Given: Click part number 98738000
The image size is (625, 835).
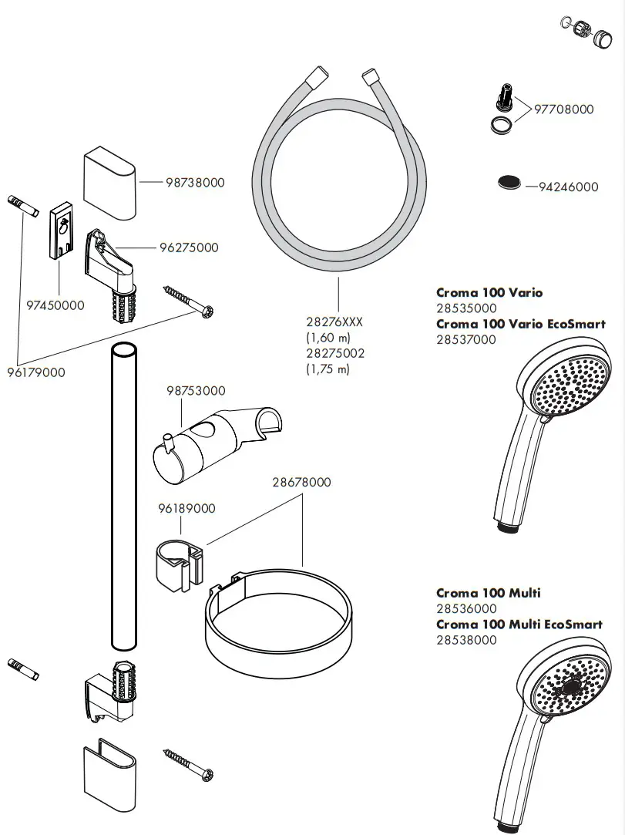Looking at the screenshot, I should (x=195, y=183).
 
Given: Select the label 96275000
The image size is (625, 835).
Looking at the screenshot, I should (x=189, y=247).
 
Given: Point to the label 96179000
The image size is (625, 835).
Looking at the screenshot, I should (x=36, y=372).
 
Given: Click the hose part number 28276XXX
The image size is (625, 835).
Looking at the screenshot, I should (x=334, y=323).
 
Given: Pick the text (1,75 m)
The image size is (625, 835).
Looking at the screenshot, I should (x=328, y=369).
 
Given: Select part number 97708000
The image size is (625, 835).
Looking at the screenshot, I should (x=565, y=109).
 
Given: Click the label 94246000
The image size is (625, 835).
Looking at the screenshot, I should (x=569, y=187).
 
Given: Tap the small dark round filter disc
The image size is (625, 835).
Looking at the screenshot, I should (x=509, y=183).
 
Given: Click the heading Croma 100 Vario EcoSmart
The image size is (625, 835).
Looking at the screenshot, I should (x=520, y=324).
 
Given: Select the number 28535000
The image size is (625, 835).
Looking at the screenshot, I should (x=466, y=308).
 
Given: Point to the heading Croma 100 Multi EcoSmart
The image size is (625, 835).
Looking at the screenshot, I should (x=519, y=624).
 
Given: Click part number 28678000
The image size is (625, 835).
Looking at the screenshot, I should (x=301, y=483).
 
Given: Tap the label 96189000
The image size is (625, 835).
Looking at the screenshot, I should (x=186, y=509).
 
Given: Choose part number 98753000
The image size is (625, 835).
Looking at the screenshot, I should (x=196, y=391).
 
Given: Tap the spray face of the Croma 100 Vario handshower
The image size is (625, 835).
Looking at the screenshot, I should (x=567, y=384).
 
